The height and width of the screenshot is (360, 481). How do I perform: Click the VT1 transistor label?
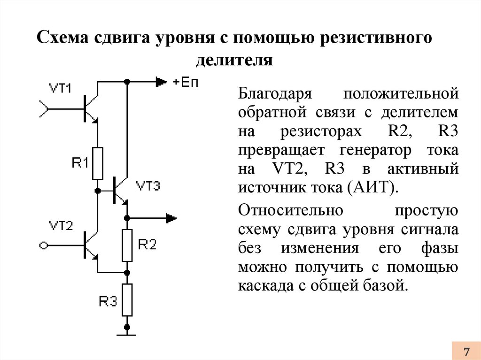[60, 88]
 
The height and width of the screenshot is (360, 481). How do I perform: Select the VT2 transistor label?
[61, 226]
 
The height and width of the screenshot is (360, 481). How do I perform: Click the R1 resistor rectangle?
[98, 163]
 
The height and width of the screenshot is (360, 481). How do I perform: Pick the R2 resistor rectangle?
[127, 245]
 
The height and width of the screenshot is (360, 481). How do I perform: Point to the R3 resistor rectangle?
[127, 299]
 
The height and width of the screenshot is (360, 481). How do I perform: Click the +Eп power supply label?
[186, 82]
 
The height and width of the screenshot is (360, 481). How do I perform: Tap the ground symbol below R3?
[127, 334]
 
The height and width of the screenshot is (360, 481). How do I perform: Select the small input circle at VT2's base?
[43, 245]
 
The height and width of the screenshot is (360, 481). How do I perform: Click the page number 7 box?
[466, 351]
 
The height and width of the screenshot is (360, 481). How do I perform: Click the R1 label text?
[80, 163]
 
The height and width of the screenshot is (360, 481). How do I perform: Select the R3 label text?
[108, 301]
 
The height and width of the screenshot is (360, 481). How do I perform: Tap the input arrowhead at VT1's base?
[43, 109]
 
